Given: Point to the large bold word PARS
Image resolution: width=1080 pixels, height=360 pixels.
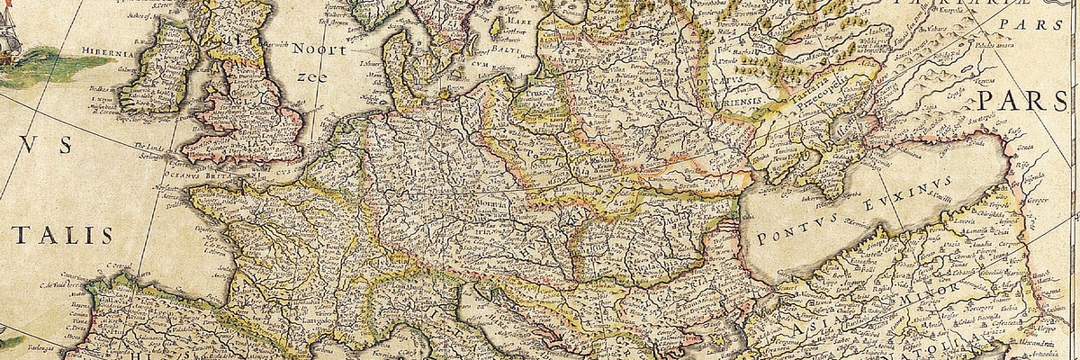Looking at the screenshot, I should coord(1029,98).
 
